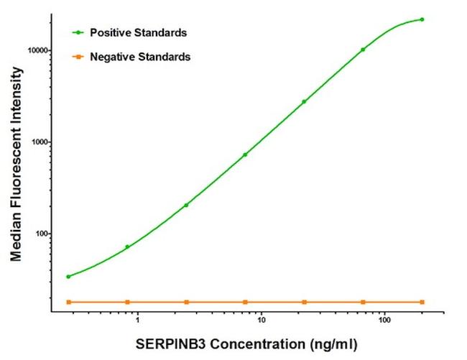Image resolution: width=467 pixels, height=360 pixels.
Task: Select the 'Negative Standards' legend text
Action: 140,56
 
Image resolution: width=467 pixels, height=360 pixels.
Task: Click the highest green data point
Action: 422,19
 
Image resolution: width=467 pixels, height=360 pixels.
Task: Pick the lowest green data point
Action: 68,277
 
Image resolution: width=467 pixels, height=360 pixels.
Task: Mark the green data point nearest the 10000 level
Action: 363,50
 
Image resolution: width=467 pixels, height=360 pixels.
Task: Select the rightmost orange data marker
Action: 422,302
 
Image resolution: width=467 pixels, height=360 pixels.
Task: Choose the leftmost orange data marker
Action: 68,302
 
